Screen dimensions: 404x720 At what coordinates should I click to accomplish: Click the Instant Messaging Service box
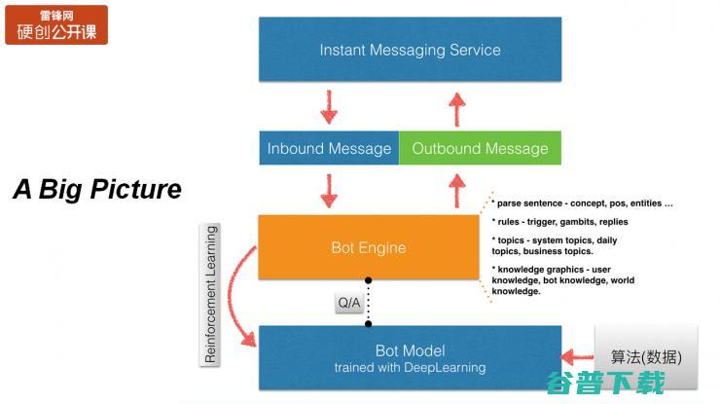coord(410,49)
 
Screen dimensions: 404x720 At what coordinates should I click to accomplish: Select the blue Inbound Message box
coord(329,148)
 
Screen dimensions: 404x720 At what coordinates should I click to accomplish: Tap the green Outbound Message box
coord(480,148)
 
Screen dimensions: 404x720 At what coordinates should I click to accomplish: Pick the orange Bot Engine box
coord(369,247)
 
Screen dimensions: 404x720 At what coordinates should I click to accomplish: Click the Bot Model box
coord(410,357)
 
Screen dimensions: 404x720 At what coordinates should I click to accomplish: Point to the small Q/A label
coord(349,304)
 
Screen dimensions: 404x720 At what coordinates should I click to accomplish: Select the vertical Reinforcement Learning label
coord(211,295)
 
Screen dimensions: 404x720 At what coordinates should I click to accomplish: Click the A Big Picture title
coord(97,189)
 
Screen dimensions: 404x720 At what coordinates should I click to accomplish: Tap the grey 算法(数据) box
coord(646,355)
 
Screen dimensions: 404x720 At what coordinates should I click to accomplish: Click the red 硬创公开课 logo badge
coord(56,24)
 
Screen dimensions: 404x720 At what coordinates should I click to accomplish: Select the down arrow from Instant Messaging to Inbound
coord(329,105)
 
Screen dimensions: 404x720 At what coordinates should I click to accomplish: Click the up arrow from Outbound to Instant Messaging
coord(456,105)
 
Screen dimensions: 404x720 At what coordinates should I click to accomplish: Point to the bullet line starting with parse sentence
coord(583,203)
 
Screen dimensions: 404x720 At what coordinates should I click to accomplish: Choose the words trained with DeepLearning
coord(410,368)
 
